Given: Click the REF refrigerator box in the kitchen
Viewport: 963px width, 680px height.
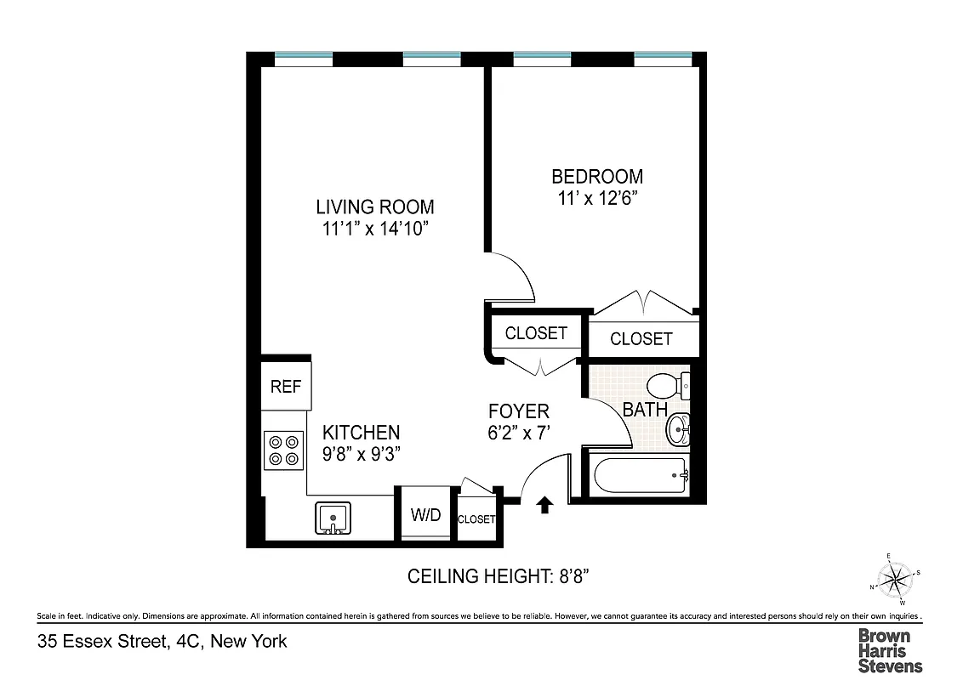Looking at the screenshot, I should coord(286,386).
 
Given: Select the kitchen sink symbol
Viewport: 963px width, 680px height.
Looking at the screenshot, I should coord(333,518).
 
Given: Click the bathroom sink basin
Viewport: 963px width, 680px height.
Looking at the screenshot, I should coord(678,428).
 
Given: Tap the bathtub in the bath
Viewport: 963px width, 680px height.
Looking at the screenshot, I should coord(641,474).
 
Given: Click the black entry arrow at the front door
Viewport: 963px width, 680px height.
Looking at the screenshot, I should coord(544,507).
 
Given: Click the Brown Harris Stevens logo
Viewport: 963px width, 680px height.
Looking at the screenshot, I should coord(889,650).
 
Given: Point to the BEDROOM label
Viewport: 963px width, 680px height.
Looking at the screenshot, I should coord(597,177).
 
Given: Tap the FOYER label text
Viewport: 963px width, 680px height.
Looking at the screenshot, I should coord(519,411).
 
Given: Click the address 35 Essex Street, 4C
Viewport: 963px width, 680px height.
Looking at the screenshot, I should coord(162,642).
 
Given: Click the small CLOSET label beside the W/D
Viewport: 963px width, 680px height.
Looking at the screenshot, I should coord(476,519).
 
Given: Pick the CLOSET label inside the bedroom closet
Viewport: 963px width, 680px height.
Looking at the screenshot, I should coord(641,339).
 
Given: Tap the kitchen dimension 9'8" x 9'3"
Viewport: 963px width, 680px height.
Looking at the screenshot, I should coord(361,454).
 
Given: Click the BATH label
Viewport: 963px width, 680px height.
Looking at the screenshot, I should coord(644,410).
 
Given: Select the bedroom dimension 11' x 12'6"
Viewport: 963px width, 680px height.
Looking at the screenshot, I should coord(597,199).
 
